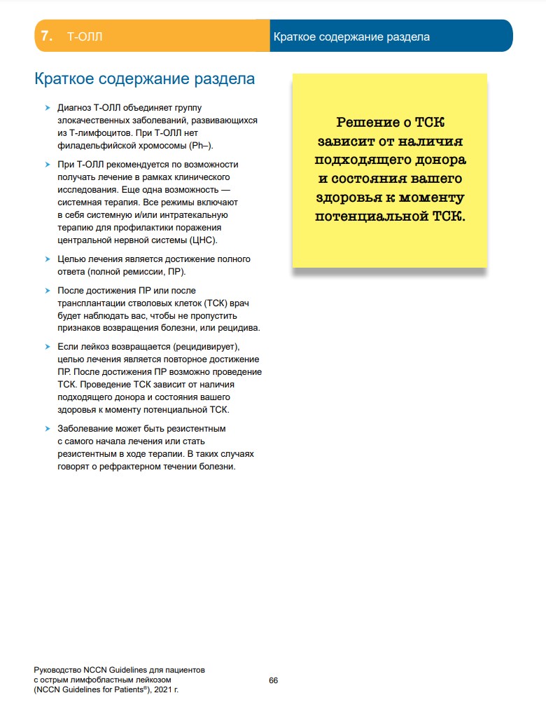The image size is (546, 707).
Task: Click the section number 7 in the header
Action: (x=47, y=36)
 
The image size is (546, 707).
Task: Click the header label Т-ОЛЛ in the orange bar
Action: (x=84, y=36)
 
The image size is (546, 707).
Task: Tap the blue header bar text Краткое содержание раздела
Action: (x=351, y=36)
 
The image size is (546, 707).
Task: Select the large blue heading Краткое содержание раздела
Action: (x=144, y=78)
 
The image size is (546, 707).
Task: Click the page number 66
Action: (x=274, y=680)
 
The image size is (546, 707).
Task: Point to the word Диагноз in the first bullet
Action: (x=74, y=108)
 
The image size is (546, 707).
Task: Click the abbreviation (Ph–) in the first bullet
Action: (x=200, y=145)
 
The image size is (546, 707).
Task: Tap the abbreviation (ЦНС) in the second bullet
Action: (x=204, y=240)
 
